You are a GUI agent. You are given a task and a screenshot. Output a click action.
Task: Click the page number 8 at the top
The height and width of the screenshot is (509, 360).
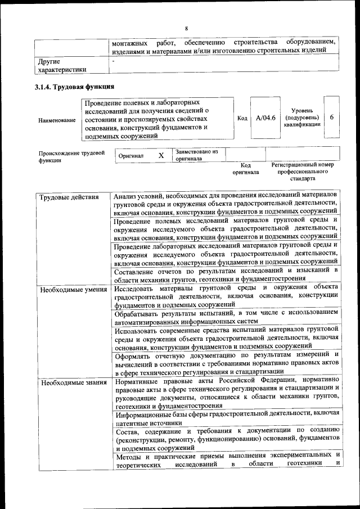tap(186, 29)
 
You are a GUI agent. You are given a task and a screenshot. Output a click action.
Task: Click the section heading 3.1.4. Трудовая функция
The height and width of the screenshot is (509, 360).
tap(75, 87)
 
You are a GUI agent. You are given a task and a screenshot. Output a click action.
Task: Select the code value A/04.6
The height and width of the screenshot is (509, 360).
tap(265, 118)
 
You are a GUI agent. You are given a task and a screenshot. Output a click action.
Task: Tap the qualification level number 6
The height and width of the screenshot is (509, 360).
tap(332, 118)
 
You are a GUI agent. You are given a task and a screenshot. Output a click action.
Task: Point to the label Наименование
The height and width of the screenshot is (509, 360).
tap(57, 120)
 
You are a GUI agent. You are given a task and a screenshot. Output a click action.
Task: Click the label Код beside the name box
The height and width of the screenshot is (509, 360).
tap(242, 118)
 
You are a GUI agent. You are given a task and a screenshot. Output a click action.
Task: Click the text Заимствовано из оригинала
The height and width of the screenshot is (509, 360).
tap(196, 155)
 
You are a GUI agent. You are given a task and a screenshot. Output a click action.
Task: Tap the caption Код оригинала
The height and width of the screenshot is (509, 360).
tap(246, 169)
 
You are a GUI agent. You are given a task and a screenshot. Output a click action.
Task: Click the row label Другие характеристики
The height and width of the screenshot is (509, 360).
tap(62, 65)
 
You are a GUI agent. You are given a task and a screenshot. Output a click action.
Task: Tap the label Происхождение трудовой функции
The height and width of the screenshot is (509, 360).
tap(71, 156)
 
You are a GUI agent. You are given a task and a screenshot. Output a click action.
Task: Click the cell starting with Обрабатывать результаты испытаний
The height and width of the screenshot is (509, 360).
tap(226, 317)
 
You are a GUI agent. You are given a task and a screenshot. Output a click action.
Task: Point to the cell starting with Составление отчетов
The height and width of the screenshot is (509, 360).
tap(226, 274)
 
